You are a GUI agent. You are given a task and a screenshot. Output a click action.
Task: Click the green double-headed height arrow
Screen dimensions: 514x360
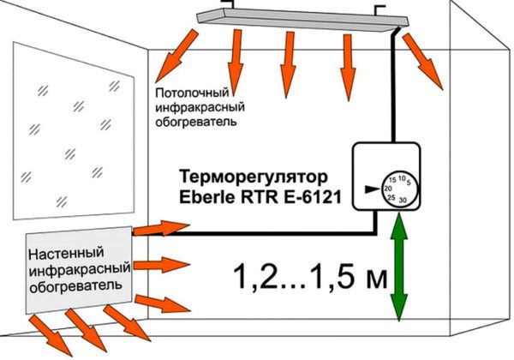399,267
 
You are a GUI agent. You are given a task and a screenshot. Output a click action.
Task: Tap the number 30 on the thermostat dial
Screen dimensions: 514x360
403,200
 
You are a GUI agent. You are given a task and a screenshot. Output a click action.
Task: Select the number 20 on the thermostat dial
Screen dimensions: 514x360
388,189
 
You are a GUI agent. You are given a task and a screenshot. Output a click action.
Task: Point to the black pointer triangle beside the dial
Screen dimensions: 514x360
372,189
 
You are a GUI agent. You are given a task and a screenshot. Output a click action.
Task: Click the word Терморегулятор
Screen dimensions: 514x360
254,177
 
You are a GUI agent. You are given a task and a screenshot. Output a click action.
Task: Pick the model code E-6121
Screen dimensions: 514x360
313,198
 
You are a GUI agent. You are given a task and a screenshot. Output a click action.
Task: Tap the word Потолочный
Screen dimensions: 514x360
192,93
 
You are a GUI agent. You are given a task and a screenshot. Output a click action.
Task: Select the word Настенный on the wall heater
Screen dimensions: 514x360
66,253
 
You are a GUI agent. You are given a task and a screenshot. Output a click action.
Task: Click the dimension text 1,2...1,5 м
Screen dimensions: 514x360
310,276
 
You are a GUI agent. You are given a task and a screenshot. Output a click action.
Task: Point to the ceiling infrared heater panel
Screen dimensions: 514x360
303,20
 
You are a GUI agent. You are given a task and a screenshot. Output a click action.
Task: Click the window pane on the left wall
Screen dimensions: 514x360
74,131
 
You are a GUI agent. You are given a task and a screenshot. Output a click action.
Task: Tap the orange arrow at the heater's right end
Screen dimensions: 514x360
422,61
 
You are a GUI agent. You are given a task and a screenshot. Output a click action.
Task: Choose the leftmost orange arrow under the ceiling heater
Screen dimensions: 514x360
177,56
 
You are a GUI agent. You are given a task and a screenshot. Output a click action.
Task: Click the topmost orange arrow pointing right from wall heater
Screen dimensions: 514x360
162,228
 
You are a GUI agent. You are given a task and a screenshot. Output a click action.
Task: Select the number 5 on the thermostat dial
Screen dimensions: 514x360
409,183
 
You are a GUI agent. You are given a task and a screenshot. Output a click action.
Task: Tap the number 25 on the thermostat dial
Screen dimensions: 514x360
391,197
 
